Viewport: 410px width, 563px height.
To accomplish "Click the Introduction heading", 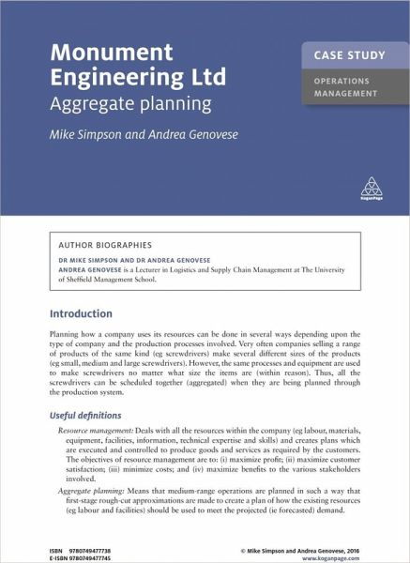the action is (81, 313).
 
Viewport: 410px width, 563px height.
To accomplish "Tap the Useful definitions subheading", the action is (93, 415).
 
